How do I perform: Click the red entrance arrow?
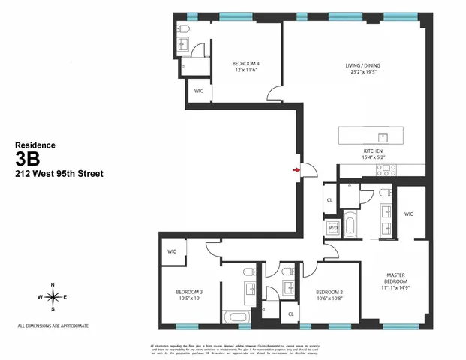[297, 170]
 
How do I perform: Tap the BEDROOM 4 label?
[245, 62]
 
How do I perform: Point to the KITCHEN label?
[374, 151]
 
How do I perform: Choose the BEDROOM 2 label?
[329, 292]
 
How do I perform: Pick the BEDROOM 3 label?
[190, 292]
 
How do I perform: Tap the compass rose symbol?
[53, 297]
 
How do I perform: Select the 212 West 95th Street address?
[59, 174]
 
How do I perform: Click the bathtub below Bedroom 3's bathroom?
[239, 317]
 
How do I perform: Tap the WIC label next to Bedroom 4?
[199, 90]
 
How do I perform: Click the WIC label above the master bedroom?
[408, 214]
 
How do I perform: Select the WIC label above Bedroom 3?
[172, 252]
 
